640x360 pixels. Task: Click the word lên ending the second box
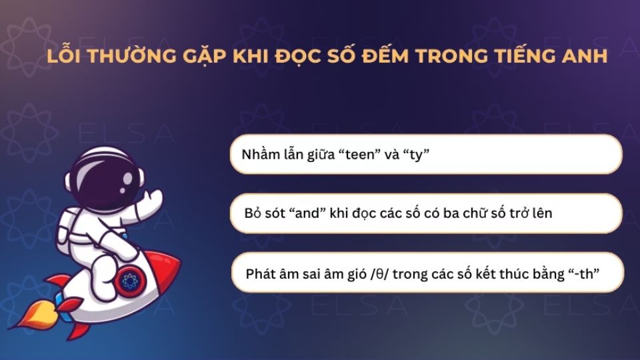pos(541,214)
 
